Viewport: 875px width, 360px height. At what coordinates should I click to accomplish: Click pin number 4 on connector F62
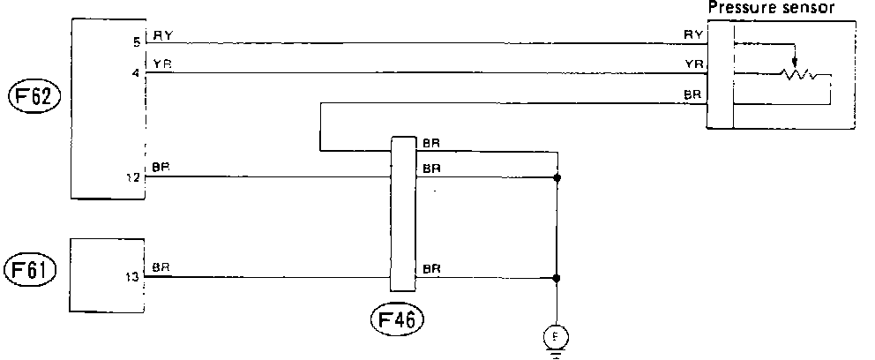(x=135, y=73)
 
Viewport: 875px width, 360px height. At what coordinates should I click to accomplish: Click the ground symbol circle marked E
(x=556, y=335)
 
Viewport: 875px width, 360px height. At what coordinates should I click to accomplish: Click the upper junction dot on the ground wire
(x=557, y=177)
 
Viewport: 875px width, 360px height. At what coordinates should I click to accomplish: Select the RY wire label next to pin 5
(x=163, y=35)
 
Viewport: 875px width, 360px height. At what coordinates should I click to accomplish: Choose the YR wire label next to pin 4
(x=163, y=64)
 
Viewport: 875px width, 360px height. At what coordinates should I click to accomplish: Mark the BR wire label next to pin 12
(x=161, y=167)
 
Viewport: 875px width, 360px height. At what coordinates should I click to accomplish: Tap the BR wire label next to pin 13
(x=161, y=266)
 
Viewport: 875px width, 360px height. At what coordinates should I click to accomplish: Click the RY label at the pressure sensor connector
(x=692, y=34)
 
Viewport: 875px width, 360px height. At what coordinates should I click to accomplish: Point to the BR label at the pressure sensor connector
(x=692, y=94)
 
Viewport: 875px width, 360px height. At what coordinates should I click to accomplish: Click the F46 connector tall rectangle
(x=403, y=213)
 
